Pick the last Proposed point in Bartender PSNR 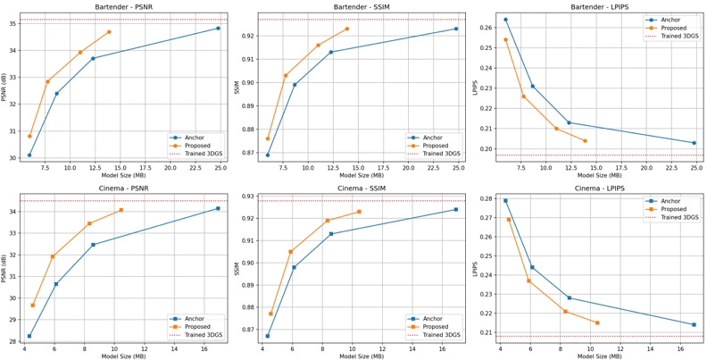coord(109,32)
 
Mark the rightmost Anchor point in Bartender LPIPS coord(694,143)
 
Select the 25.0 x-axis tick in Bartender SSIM coord(456,168)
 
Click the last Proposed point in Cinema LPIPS coord(596,322)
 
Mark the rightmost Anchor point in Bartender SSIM coord(456,29)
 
